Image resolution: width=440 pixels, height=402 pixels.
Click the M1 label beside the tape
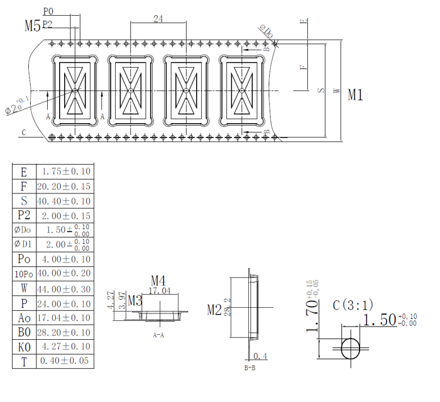point(356,95)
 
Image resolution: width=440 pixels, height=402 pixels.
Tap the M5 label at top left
point(31,26)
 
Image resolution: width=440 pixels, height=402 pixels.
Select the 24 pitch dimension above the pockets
point(158,19)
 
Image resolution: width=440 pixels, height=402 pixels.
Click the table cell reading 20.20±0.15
point(63,187)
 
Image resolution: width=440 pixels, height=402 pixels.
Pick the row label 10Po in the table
point(24,274)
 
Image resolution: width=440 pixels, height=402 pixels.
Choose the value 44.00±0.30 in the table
point(63,289)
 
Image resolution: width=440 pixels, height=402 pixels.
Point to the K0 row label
point(24,347)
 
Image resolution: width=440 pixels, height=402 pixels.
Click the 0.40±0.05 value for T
point(63,361)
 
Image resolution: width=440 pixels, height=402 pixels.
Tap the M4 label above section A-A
point(158,280)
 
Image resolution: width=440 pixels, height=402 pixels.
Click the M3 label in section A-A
point(135,300)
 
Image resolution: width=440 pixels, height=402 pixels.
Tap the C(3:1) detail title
point(353,305)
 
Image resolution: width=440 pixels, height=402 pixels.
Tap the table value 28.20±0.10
point(63,332)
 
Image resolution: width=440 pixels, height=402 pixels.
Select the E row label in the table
point(24,172)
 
